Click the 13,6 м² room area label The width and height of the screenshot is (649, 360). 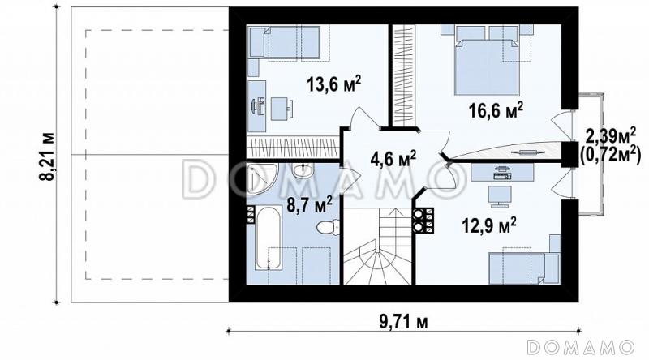click(x=333, y=84)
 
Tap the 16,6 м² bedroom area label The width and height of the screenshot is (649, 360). click(x=496, y=110)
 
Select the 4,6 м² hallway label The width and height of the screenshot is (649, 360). click(x=393, y=159)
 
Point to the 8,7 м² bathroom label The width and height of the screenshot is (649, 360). click(x=309, y=204)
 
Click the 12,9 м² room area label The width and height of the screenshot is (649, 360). click(x=488, y=225)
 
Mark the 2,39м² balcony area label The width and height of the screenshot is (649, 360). click(x=611, y=135)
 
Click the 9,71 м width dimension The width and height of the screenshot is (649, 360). click(x=403, y=322)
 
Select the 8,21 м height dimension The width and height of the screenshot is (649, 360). click(x=47, y=156)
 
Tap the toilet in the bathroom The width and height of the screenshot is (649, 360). click(x=329, y=227)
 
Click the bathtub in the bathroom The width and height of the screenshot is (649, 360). click(x=268, y=238)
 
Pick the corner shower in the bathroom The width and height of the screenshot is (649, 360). click(x=261, y=178)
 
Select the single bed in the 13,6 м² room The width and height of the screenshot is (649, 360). click(x=286, y=42)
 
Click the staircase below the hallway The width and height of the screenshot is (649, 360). click(x=377, y=246)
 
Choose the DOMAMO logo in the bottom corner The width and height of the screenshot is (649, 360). click(x=581, y=348)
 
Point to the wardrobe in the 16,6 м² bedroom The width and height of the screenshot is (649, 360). click(x=403, y=74)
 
